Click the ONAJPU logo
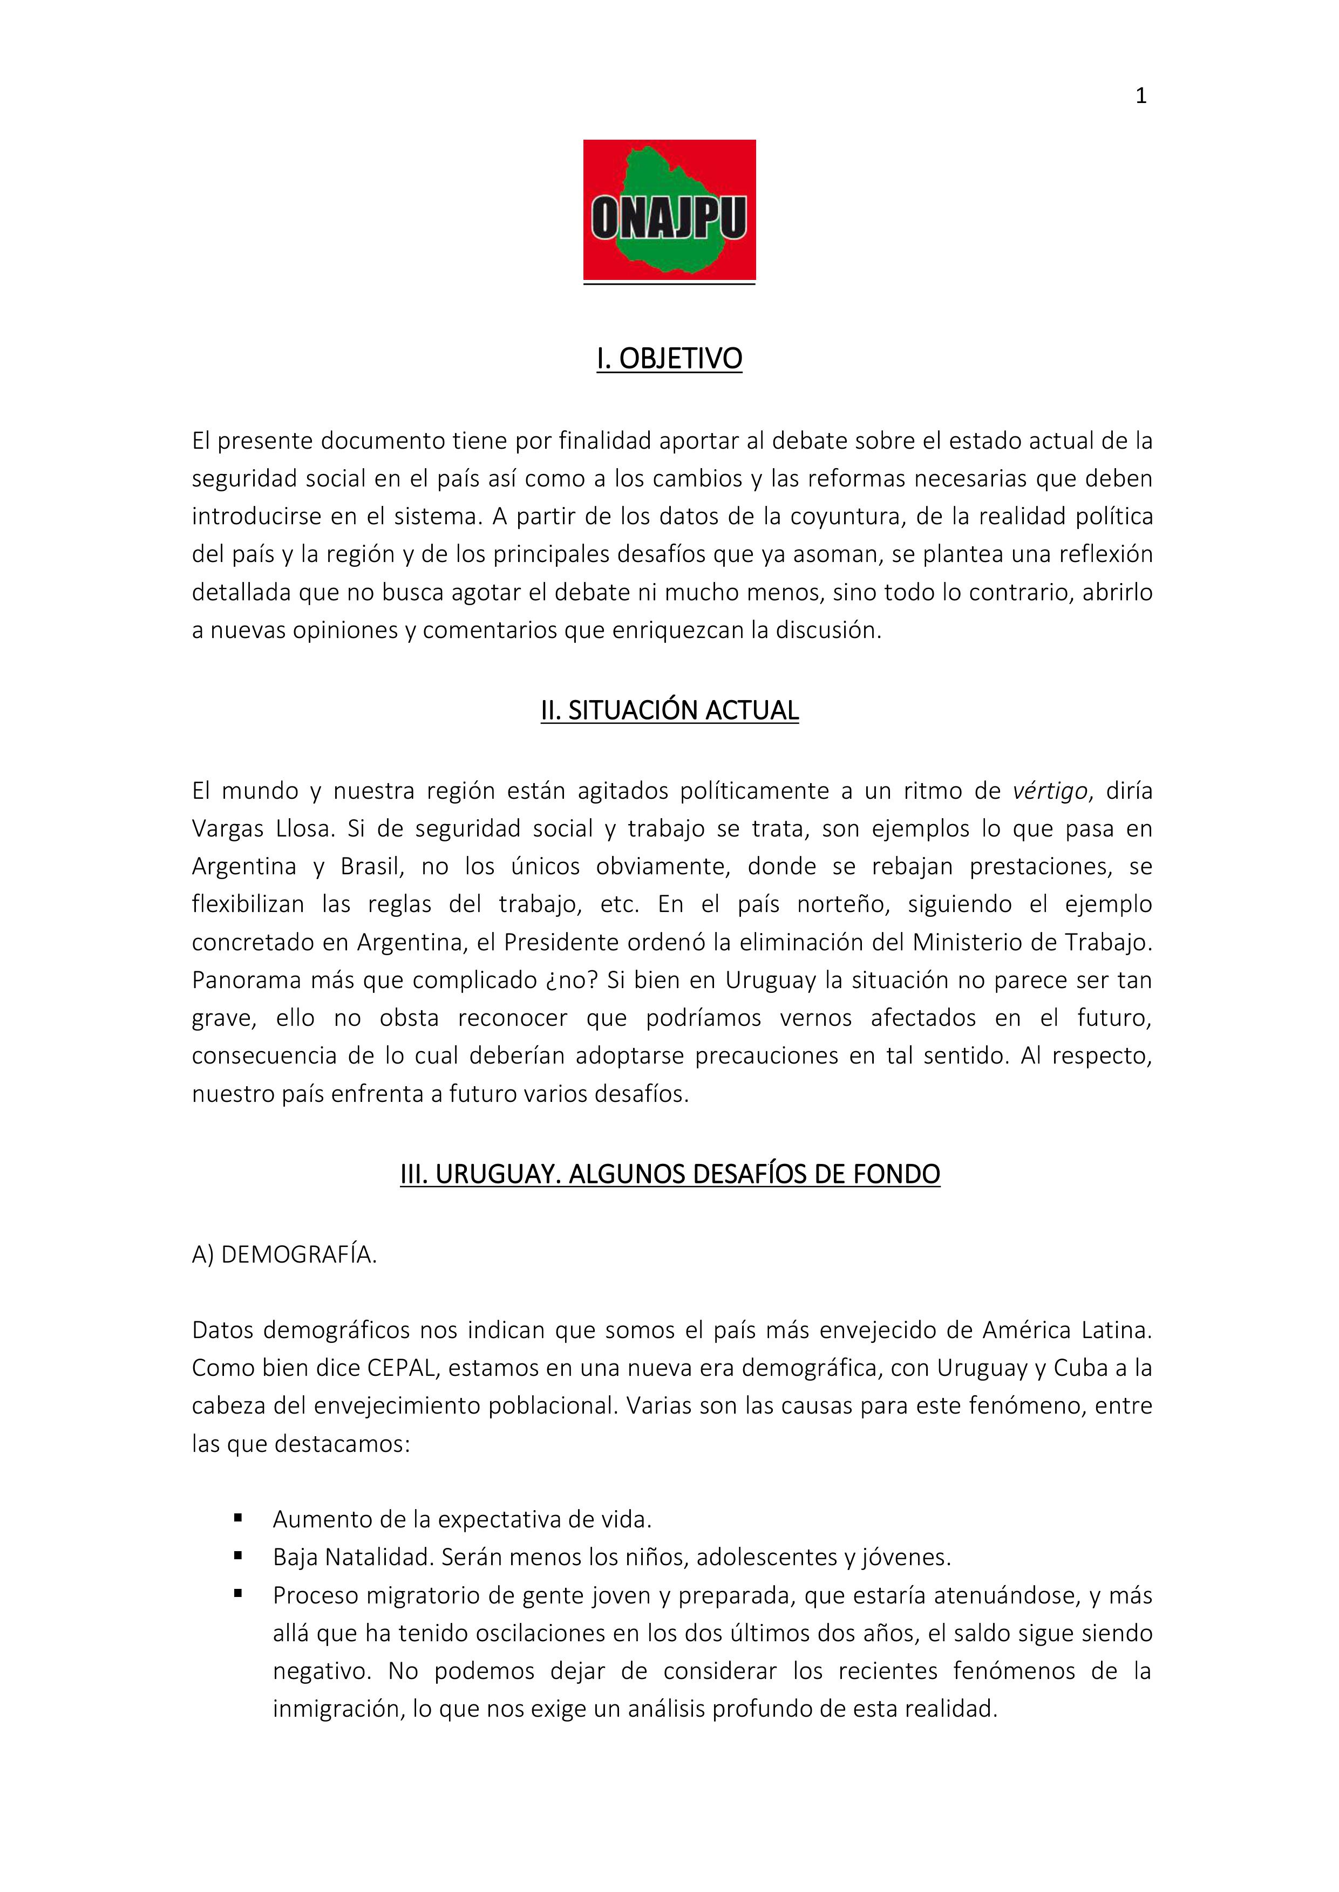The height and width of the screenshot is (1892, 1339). (669, 210)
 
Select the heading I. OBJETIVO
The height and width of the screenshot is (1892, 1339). (669, 359)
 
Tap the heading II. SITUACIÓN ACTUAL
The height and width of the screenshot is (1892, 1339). (669, 710)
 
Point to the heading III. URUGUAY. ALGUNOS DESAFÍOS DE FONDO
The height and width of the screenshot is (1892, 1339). (669, 1174)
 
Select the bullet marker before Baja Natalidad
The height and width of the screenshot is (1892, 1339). (239, 1555)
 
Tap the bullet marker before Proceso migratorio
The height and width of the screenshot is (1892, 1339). (239, 1593)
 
